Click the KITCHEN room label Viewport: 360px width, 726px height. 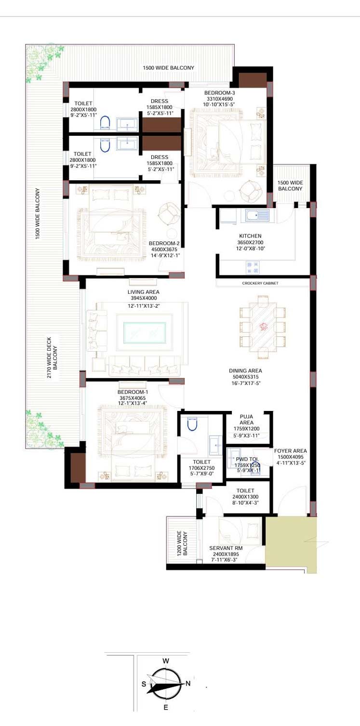tap(250, 236)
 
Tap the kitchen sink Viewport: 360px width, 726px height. tap(257, 215)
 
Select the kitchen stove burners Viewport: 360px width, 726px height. tap(253, 267)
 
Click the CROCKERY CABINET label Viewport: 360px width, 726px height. tap(260, 283)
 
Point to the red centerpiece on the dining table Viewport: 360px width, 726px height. tap(263, 327)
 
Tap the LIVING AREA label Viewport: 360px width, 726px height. tap(143, 292)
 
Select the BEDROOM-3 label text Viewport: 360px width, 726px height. tap(220, 93)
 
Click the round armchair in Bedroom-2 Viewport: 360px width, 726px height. tap(169, 213)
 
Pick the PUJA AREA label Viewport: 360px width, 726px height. tap(246, 420)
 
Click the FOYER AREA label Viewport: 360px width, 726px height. tap(290, 451)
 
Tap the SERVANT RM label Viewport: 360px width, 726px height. tap(226, 548)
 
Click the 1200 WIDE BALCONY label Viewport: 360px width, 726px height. tap(182, 543)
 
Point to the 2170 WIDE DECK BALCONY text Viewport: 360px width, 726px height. tap(52, 357)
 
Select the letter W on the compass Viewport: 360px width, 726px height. tap(166, 661)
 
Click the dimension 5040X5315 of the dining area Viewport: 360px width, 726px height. tap(245, 377)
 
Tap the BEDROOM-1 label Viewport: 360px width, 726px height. tap(133, 392)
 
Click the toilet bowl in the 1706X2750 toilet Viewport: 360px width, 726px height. tap(192, 424)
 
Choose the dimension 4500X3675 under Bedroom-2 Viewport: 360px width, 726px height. tap(164, 249)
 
